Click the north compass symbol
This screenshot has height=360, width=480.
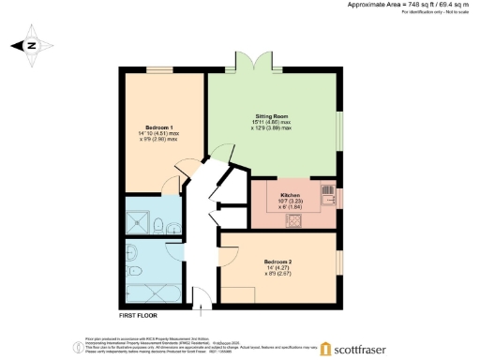tap(30, 45)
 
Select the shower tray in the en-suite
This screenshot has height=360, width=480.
tap(140, 220)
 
